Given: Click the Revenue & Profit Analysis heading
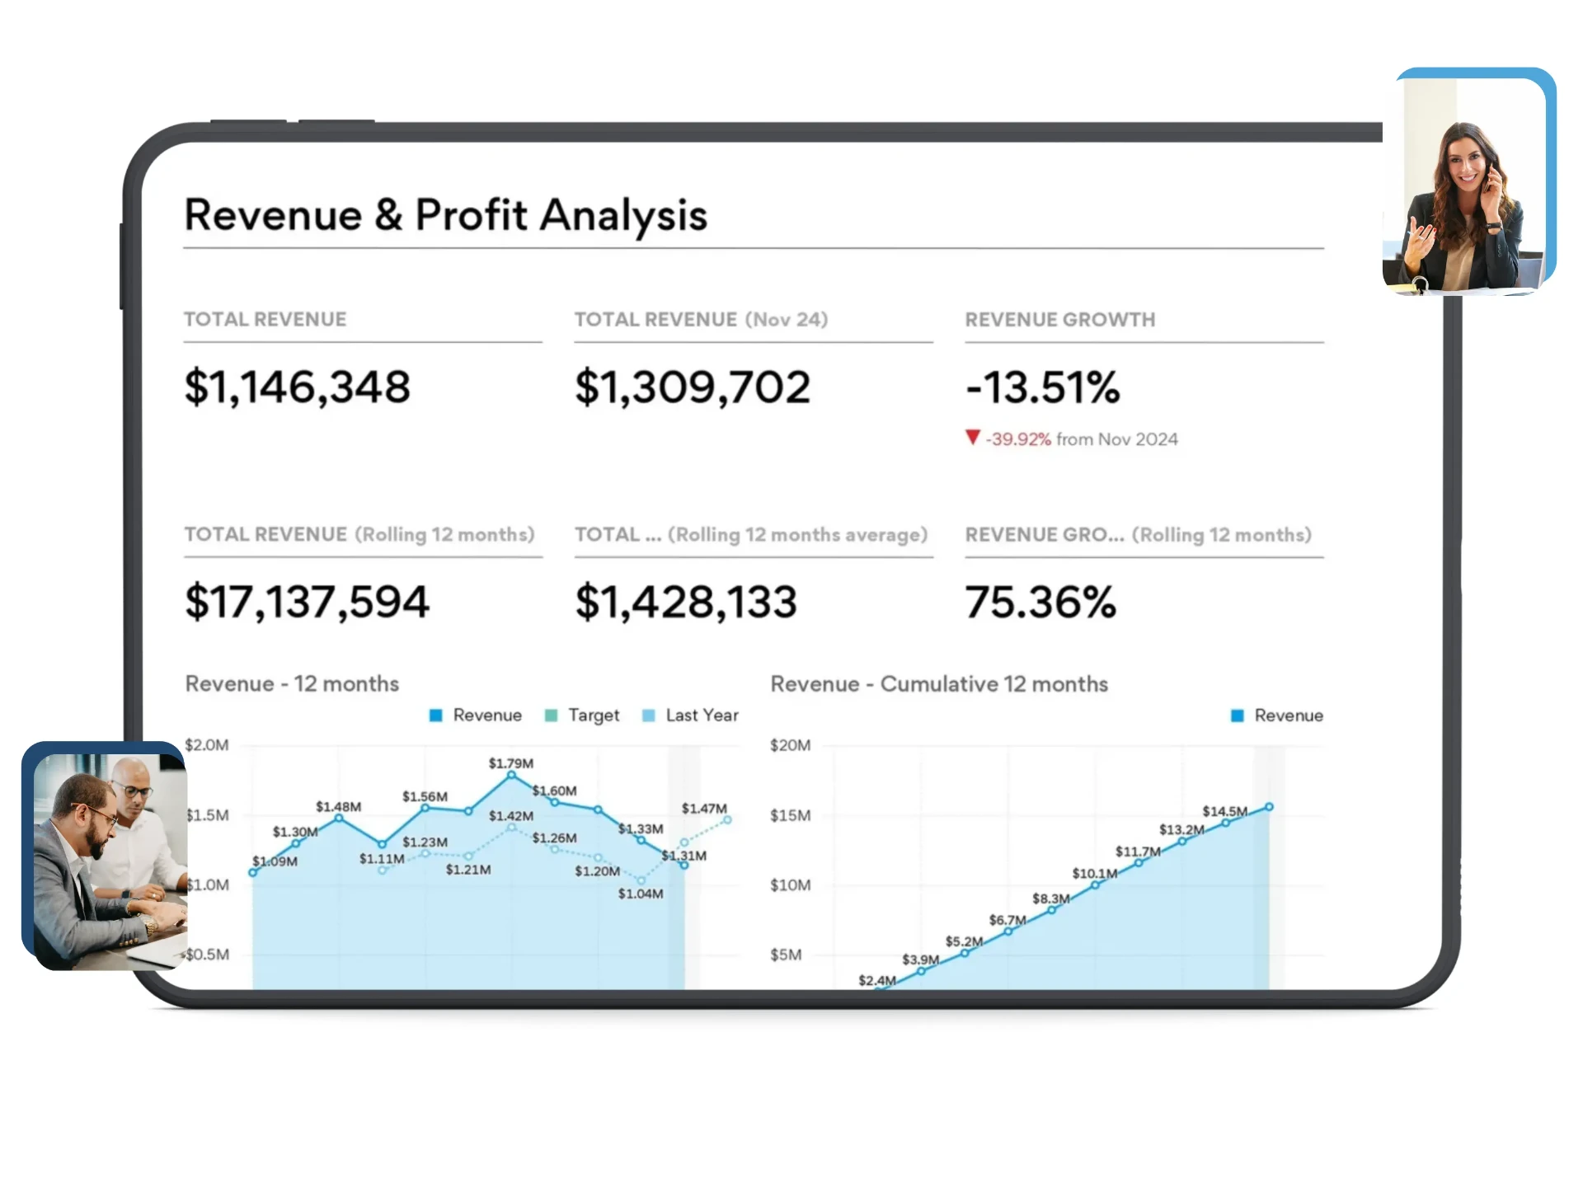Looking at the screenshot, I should tap(445, 215).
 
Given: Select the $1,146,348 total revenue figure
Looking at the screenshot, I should tap(297, 387).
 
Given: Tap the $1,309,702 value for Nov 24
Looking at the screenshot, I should tap(693, 387).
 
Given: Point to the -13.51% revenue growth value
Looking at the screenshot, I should tap(1042, 387).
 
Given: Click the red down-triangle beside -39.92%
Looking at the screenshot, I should tap(973, 437).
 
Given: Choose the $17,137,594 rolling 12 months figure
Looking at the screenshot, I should tap(307, 601).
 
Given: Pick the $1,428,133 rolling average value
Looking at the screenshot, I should tap(686, 601).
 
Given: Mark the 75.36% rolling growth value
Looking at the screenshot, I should tap(1040, 601).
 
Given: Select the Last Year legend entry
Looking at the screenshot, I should tap(690, 715).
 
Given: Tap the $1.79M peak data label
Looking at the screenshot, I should tap(510, 763).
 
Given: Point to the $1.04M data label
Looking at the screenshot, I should tap(641, 894).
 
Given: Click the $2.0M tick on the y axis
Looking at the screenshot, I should tap(207, 745).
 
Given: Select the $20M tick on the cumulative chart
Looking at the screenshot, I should tap(790, 745).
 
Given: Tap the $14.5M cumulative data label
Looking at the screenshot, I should tap(1224, 811).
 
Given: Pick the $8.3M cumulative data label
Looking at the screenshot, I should tap(1050, 898).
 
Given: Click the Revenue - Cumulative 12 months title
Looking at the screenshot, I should tap(939, 684).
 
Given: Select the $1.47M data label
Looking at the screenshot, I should tap(704, 808).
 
